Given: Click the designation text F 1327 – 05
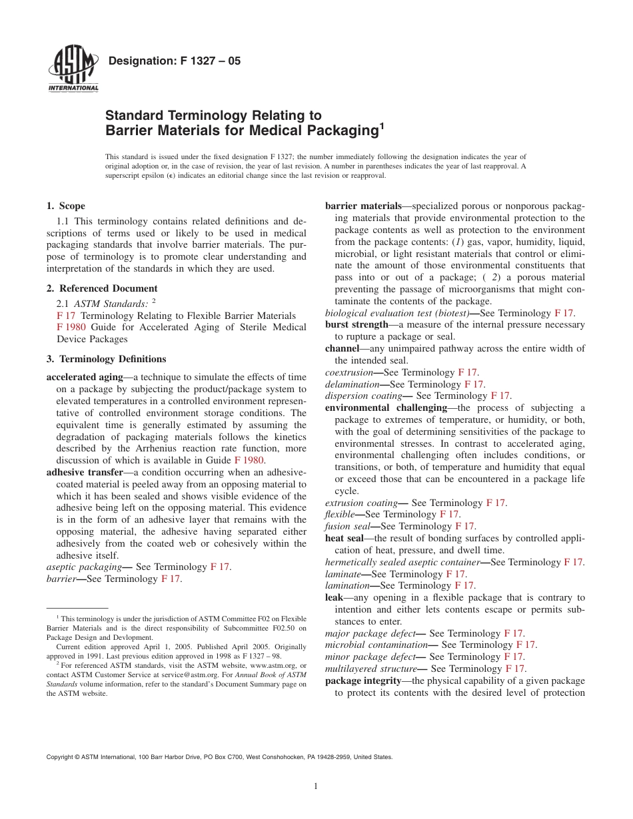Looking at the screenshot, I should point(174,61).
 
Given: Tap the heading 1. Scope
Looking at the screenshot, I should point(66,206).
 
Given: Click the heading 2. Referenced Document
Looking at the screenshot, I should point(102,288).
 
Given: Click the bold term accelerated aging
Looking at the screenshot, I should point(85,377).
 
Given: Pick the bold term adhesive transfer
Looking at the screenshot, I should point(85,472).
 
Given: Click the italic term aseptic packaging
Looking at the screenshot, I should point(83,567).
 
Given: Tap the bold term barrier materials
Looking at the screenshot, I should point(363,206).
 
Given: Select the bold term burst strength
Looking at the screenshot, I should point(356,324).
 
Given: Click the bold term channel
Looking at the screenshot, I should point(342,348).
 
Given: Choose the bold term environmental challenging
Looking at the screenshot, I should point(386,408).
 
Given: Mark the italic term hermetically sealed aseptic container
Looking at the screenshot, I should point(402,562).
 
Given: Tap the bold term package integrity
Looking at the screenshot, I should point(362,681).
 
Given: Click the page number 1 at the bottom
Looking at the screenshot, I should point(316,786).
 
